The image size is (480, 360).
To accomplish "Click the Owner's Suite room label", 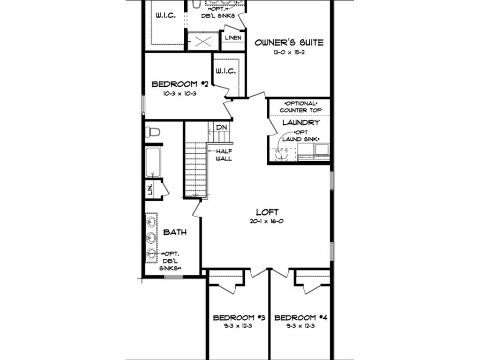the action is click(x=289, y=42).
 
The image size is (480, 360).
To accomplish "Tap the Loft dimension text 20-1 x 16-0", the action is click(x=266, y=221).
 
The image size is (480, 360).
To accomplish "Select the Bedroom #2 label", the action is click(x=180, y=84).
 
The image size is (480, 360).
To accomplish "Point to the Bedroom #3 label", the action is click(x=239, y=318).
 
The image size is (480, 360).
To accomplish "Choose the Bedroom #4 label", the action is click(x=300, y=318).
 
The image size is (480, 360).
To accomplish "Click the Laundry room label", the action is click(x=301, y=123).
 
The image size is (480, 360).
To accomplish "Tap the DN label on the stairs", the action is click(x=221, y=127).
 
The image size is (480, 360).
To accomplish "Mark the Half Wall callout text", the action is click(x=224, y=155).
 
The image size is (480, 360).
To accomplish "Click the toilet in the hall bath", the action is click(x=152, y=132).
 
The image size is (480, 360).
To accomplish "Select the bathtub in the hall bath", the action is click(x=153, y=162).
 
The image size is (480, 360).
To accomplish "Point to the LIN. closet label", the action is click(x=150, y=190).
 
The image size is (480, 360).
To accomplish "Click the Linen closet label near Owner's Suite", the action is click(x=233, y=38).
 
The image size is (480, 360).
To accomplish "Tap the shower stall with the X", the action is click(x=203, y=41).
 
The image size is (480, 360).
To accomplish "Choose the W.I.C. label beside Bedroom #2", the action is click(x=225, y=71).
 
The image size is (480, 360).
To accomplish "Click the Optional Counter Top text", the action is click(x=300, y=107).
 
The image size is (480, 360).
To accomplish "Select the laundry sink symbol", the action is click(x=282, y=154).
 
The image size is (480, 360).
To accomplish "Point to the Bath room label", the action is click(x=175, y=232).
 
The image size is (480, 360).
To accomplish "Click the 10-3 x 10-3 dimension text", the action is click(x=180, y=94).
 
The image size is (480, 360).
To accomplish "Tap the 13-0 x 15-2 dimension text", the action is click(x=289, y=52).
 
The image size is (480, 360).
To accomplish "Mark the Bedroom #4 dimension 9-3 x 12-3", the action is click(x=300, y=326).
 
